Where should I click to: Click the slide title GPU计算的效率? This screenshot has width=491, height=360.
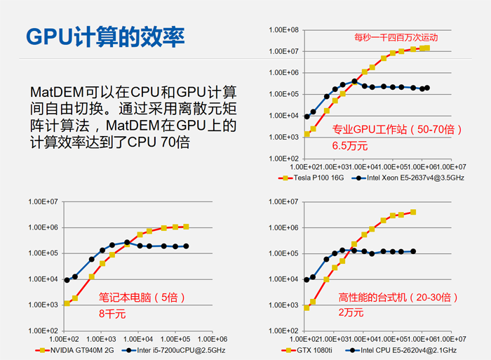click(x=105, y=36)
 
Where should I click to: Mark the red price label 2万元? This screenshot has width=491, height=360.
click(x=351, y=314)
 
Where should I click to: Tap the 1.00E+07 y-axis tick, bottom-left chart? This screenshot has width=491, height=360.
click(x=43, y=202)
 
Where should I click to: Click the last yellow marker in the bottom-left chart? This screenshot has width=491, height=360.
click(x=186, y=227)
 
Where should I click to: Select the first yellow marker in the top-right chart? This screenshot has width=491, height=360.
click(x=306, y=134)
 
